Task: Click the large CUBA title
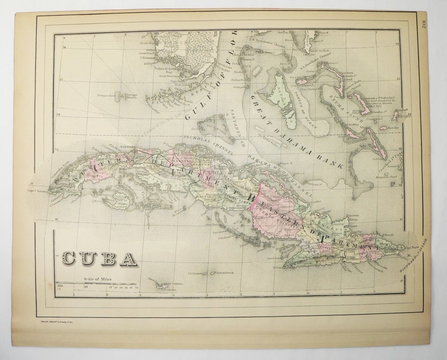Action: click(x=100, y=258)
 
